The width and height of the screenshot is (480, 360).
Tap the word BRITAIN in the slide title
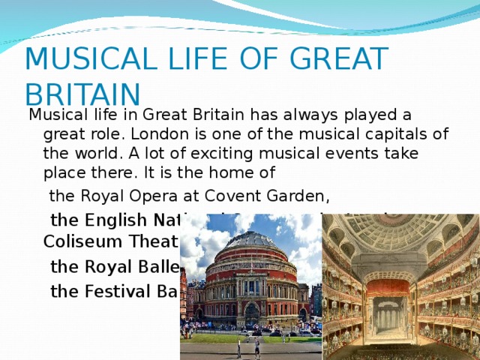[82, 94]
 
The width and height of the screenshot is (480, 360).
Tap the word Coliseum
[72, 241]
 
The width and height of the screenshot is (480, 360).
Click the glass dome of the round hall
[251, 241]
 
